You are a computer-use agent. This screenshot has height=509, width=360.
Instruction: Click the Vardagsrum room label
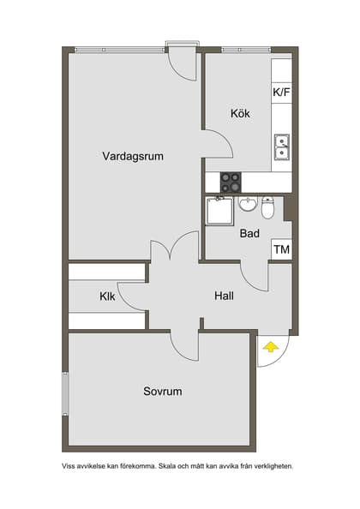132,156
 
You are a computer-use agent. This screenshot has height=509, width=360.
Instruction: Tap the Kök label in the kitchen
240,113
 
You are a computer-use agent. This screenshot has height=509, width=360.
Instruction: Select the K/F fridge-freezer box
281,93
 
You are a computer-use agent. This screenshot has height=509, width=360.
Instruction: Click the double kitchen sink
281,147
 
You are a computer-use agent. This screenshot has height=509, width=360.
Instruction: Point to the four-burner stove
231,182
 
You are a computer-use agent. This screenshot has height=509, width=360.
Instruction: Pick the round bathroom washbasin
247,204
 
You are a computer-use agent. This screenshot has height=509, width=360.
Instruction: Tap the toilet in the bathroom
267,207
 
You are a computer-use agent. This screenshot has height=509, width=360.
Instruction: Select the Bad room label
249,233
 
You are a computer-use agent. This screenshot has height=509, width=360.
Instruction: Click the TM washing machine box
281,249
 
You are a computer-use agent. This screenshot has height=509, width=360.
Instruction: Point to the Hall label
225,296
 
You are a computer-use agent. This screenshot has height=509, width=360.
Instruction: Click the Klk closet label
107,296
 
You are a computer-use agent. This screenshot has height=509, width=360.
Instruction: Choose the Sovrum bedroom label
162,391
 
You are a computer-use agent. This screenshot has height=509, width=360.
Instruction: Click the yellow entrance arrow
271,347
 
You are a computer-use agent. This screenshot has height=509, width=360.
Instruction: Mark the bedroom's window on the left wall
64,395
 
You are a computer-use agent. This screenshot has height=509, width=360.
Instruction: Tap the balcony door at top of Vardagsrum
182,63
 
